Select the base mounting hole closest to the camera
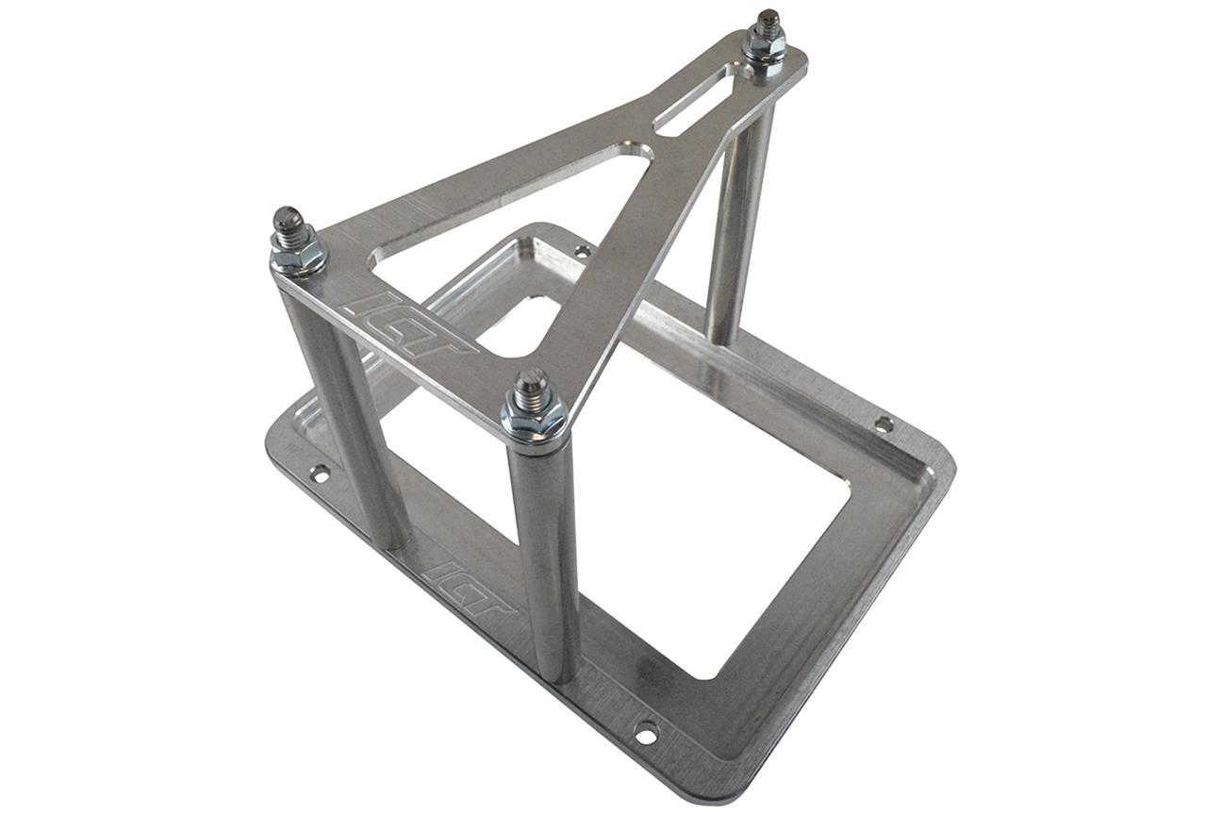646,731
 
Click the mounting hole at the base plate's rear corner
583,251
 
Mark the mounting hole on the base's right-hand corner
883,424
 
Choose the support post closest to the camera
545,557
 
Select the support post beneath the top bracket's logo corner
339,406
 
